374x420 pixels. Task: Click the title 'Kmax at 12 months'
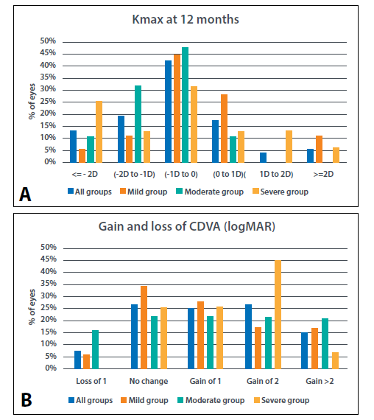click(186, 20)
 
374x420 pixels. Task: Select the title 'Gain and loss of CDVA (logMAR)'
click(187, 227)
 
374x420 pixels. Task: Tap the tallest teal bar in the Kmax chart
click(185, 105)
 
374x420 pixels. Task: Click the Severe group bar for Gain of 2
click(278, 315)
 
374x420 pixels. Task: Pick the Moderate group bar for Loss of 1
click(95, 349)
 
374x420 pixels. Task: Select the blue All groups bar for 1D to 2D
click(263, 158)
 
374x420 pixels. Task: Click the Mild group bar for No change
click(144, 328)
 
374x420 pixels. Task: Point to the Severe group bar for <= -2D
click(99, 132)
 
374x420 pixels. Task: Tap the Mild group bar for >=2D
click(319, 149)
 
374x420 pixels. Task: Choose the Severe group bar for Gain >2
click(336, 360)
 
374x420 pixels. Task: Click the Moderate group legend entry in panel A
click(210, 192)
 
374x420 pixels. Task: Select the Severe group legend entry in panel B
click(281, 400)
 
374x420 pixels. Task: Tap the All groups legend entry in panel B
click(91, 400)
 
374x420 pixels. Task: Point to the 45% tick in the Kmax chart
click(48, 53)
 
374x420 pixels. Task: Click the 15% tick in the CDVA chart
click(49, 332)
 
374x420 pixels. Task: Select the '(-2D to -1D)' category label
click(135, 175)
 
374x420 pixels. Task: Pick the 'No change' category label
click(149, 381)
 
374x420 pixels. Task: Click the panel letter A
click(25, 195)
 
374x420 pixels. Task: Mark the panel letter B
click(27, 400)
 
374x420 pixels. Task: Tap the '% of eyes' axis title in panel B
click(32, 307)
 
